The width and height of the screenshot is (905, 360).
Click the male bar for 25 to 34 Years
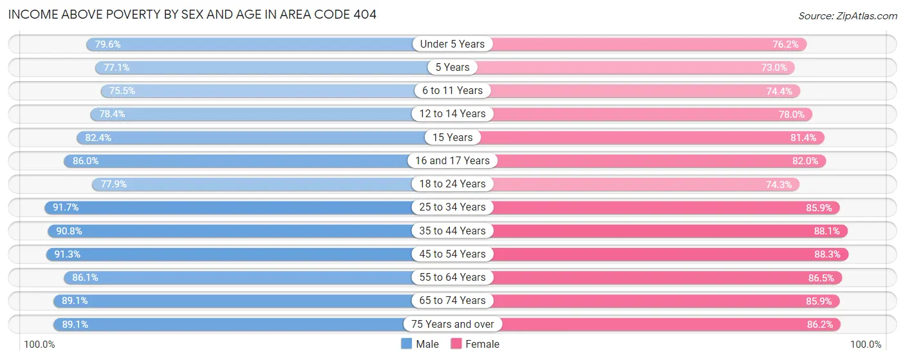point(232,207)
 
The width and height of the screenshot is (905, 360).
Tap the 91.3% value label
point(67,254)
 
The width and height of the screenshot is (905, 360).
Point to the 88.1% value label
point(826,231)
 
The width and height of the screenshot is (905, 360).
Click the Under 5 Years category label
point(452,44)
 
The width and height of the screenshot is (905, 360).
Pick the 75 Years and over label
point(452,324)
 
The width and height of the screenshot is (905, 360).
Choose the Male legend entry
point(420,344)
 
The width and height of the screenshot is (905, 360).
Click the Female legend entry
point(475,344)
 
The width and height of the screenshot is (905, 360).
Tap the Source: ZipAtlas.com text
point(848,15)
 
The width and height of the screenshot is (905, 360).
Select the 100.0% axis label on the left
point(40,345)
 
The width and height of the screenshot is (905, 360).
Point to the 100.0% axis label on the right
point(865,345)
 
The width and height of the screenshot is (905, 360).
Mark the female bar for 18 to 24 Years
point(637,184)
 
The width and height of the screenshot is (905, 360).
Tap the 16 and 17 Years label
point(452,161)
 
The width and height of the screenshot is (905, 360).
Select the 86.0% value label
point(86,161)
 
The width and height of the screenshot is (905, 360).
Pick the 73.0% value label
point(774,68)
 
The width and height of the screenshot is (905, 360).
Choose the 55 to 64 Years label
point(452,278)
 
